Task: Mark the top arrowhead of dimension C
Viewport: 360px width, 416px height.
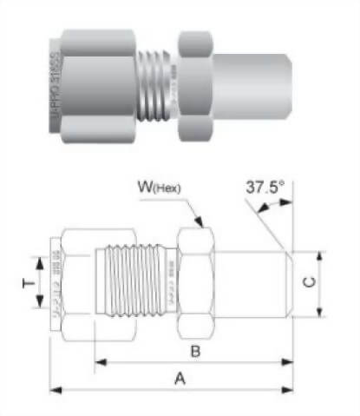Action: [322, 254]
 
